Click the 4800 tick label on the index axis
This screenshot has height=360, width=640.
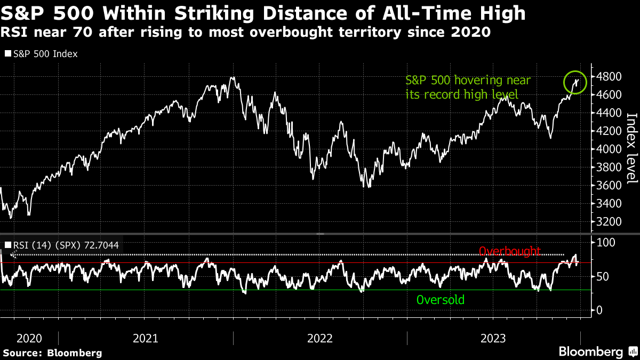[609, 77]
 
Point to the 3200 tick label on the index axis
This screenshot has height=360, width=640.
[609, 221]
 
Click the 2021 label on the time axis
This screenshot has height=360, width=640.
[145, 338]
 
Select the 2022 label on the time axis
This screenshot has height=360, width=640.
[319, 338]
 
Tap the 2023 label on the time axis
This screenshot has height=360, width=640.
[493, 338]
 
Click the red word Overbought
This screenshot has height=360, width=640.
[510, 251]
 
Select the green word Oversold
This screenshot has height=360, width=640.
[440, 300]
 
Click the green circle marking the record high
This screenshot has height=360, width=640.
[575, 82]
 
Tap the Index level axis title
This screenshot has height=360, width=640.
[631, 148]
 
